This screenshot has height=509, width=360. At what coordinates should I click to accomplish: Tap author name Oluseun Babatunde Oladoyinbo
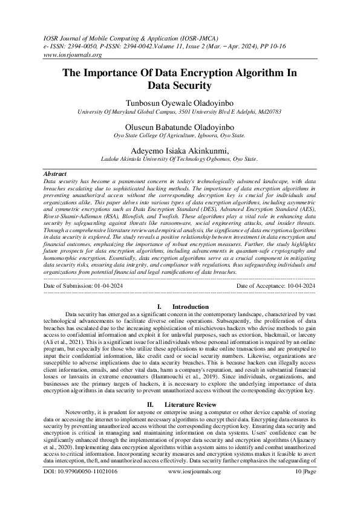[180, 128]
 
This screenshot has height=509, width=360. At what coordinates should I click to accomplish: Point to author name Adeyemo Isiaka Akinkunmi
[180, 151]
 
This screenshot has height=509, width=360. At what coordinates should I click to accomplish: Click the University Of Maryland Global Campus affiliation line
[180, 112]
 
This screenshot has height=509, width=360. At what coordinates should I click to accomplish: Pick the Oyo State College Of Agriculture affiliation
[180, 137]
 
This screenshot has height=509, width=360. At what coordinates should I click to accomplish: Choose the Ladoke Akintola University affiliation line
[180, 160]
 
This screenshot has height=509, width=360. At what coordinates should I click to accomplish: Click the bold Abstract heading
[56, 173]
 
